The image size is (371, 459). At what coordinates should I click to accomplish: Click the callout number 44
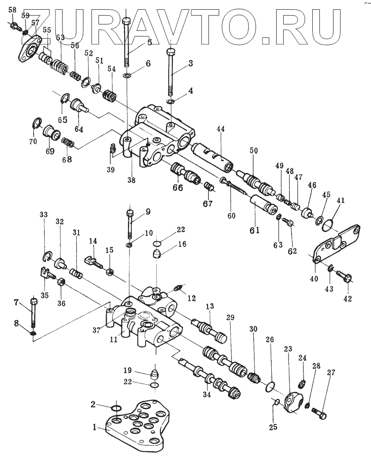point(220,129)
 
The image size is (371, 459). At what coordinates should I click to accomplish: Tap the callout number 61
point(255,230)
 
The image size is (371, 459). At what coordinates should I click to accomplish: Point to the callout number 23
point(288,349)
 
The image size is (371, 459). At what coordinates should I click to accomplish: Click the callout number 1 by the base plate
point(95,427)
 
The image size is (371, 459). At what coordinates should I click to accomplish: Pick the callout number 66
point(178,187)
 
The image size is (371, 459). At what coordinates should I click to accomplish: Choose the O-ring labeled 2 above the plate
point(116,408)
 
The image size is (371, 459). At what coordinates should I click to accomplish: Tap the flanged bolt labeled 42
point(344,276)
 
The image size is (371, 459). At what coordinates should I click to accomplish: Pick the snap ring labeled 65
point(66,98)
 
